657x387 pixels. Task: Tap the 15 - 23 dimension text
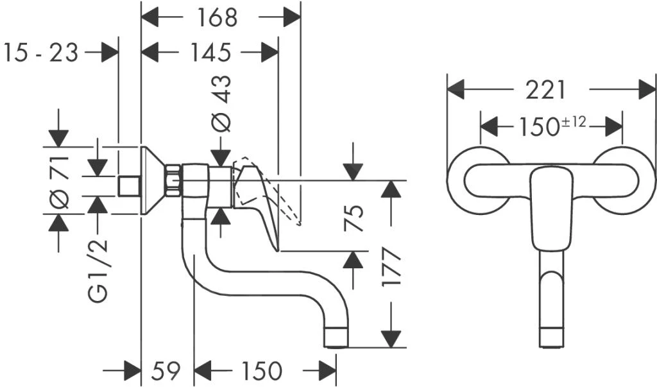[x=40, y=52]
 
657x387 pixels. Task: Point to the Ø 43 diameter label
[x=222, y=103]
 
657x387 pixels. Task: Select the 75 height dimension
[x=355, y=218]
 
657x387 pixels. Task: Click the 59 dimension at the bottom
[x=167, y=370]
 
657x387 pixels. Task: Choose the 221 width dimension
[x=546, y=90]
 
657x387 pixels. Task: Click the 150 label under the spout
[x=261, y=370]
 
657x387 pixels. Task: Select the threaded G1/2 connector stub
[x=130, y=186]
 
